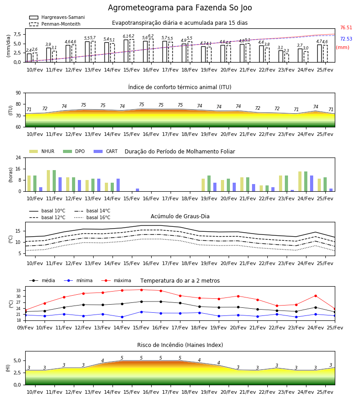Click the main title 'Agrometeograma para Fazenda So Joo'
(180, 8)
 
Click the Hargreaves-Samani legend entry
(57, 17)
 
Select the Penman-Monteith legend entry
(55, 24)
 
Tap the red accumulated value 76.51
(346, 27)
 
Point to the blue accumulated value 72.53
(346, 39)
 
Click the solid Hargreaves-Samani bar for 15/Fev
(126, 51)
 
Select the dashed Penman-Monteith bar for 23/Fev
(287, 58)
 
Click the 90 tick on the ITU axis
(18, 93)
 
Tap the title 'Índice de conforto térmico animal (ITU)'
(180, 87)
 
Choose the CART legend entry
(106, 151)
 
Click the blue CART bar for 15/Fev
(138, 190)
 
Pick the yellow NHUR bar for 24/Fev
(300, 181)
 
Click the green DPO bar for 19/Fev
(209, 184)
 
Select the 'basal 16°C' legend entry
(92, 217)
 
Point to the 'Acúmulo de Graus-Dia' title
(180, 216)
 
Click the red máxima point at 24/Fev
(315, 296)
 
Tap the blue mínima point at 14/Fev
(122, 317)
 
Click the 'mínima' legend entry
(78, 280)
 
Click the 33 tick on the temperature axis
(18, 291)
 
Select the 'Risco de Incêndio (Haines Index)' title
(180, 345)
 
